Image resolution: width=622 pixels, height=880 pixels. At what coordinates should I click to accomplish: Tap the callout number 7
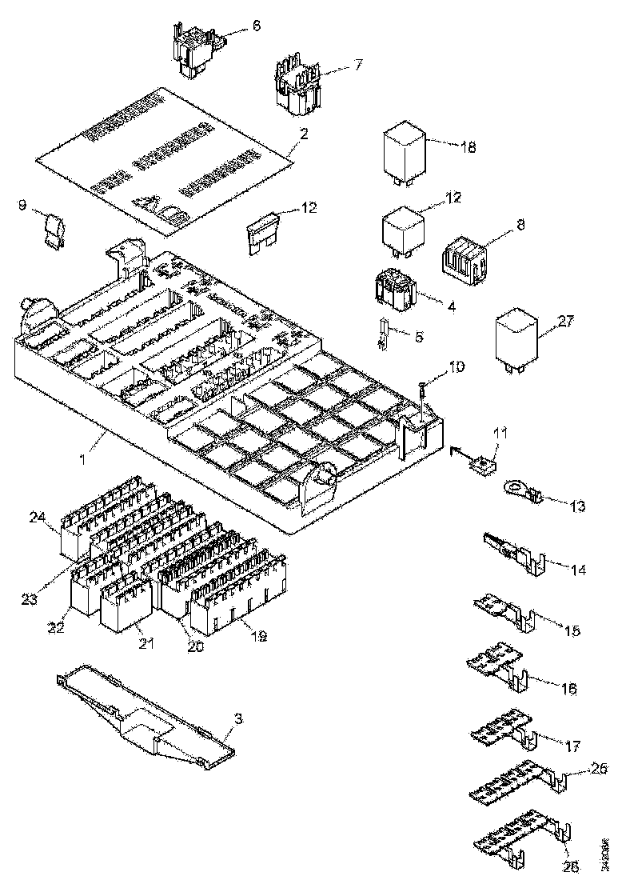click(x=358, y=65)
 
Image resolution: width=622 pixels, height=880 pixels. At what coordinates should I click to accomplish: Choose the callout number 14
click(x=579, y=570)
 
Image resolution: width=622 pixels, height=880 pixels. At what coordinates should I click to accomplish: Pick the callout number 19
click(x=258, y=637)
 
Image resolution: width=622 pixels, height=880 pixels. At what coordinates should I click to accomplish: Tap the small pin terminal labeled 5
click(x=384, y=334)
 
